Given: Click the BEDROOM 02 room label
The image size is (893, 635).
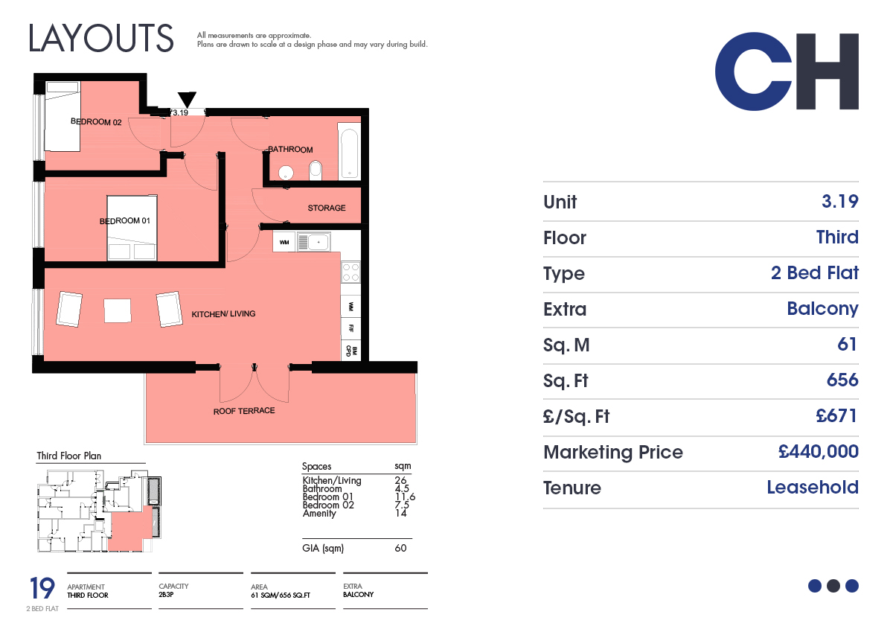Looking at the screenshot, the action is pyautogui.click(x=96, y=121).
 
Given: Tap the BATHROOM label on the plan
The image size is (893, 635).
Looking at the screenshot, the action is pyautogui.click(x=290, y=149).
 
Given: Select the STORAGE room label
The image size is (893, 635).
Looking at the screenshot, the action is pyautogui.click(x=327, y=208).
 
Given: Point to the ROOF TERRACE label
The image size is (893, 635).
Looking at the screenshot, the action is pyautogui.click(x=244, y=411).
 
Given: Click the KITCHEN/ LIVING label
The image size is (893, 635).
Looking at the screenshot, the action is pyautogui.click(x=223, y=314).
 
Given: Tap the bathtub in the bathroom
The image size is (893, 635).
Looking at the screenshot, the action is pyautogui.click(x=349, y=151).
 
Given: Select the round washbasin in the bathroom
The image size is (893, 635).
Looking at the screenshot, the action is pyautogui.click(x=286, y=173).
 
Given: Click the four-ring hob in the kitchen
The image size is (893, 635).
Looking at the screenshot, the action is pyautogui.click(x=351, y=272).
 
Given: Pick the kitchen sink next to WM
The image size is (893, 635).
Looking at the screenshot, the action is pyautogui.click(x=314, y=242).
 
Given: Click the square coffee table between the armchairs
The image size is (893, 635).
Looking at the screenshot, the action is pyautogui.click(x=118, y=310).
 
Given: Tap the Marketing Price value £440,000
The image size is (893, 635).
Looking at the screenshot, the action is pyautogui.click(x=818, y=452).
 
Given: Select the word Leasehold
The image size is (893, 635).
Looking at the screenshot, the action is pyautogui.click(x=813, y=487).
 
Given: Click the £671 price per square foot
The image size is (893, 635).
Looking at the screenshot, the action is pyautogui.click(x=836, y=415).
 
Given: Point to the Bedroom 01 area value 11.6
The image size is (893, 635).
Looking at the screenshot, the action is pyautogui.click(x=405, y=497).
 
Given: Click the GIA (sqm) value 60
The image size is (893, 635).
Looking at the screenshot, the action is pyautogui.click(x=400, y=548).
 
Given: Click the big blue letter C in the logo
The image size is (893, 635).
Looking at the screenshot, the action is pyautogui.click(x=753, y=71).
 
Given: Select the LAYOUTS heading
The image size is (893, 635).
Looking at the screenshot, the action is pyautogui.click(x=101, y=38).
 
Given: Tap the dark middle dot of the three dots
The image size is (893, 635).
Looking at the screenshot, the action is pyautogui.click(x=833, y=586).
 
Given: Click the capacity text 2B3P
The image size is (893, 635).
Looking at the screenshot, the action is pyautogui.click(x=166, y=595).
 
